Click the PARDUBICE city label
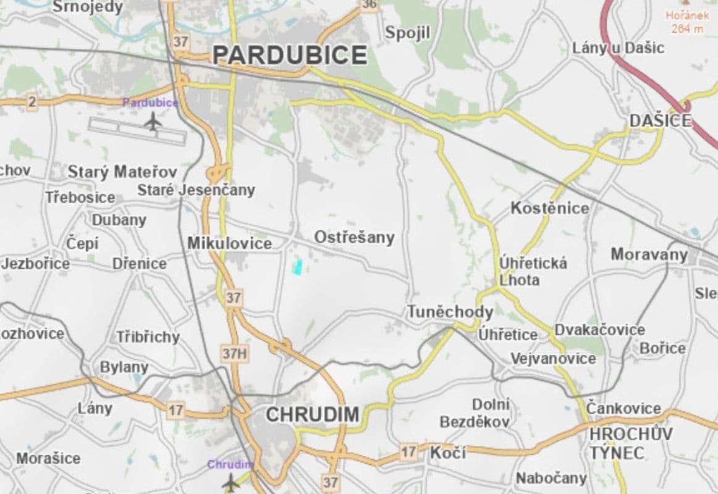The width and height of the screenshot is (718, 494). (x=290, y=56)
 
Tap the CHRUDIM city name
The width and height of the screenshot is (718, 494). (x=312, y=415)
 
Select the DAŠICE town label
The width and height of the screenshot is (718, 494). (x=660, y=122)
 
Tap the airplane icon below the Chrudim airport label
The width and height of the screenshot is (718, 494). (x=231, y=483)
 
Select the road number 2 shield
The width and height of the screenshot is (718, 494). (x=32, y=103)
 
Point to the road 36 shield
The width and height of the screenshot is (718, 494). (x=369, y=4)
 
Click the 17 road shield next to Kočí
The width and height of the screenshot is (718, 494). (x=407, y=452)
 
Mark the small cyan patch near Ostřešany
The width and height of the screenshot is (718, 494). (x=297, y=267)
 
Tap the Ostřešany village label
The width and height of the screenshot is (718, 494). (x=354, y=238)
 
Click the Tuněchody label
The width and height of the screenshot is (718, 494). (x=450, y=312)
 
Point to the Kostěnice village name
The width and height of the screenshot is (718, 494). (x=549, y=209)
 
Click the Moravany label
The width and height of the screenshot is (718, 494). (x=649, y=254)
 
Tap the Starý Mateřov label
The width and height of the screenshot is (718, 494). (x=122, y=172)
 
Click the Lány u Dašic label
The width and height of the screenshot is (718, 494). (x=618, y=48)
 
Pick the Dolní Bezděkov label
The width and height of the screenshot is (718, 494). (x=475, y=413)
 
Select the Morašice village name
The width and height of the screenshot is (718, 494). (x=48, y=459)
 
